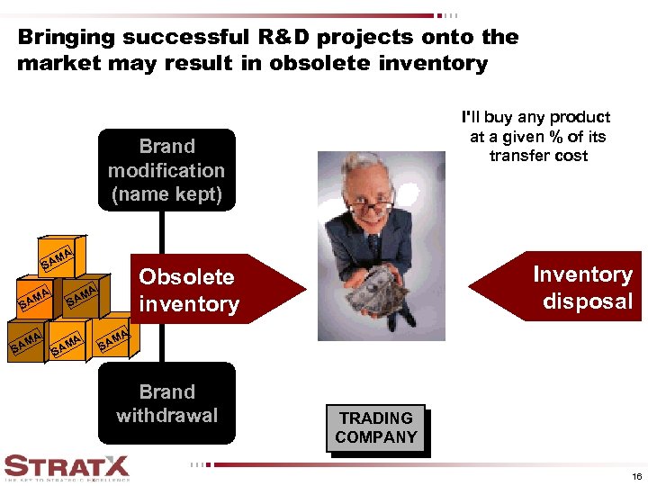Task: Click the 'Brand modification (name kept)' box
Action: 166,170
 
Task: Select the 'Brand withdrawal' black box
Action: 166,403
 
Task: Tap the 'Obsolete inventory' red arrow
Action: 207,291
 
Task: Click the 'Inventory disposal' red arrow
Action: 558,288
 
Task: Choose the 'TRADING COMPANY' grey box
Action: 376,428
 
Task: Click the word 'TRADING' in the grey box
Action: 376,418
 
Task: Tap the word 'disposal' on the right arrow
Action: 588,301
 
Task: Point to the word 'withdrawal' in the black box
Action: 166,415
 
